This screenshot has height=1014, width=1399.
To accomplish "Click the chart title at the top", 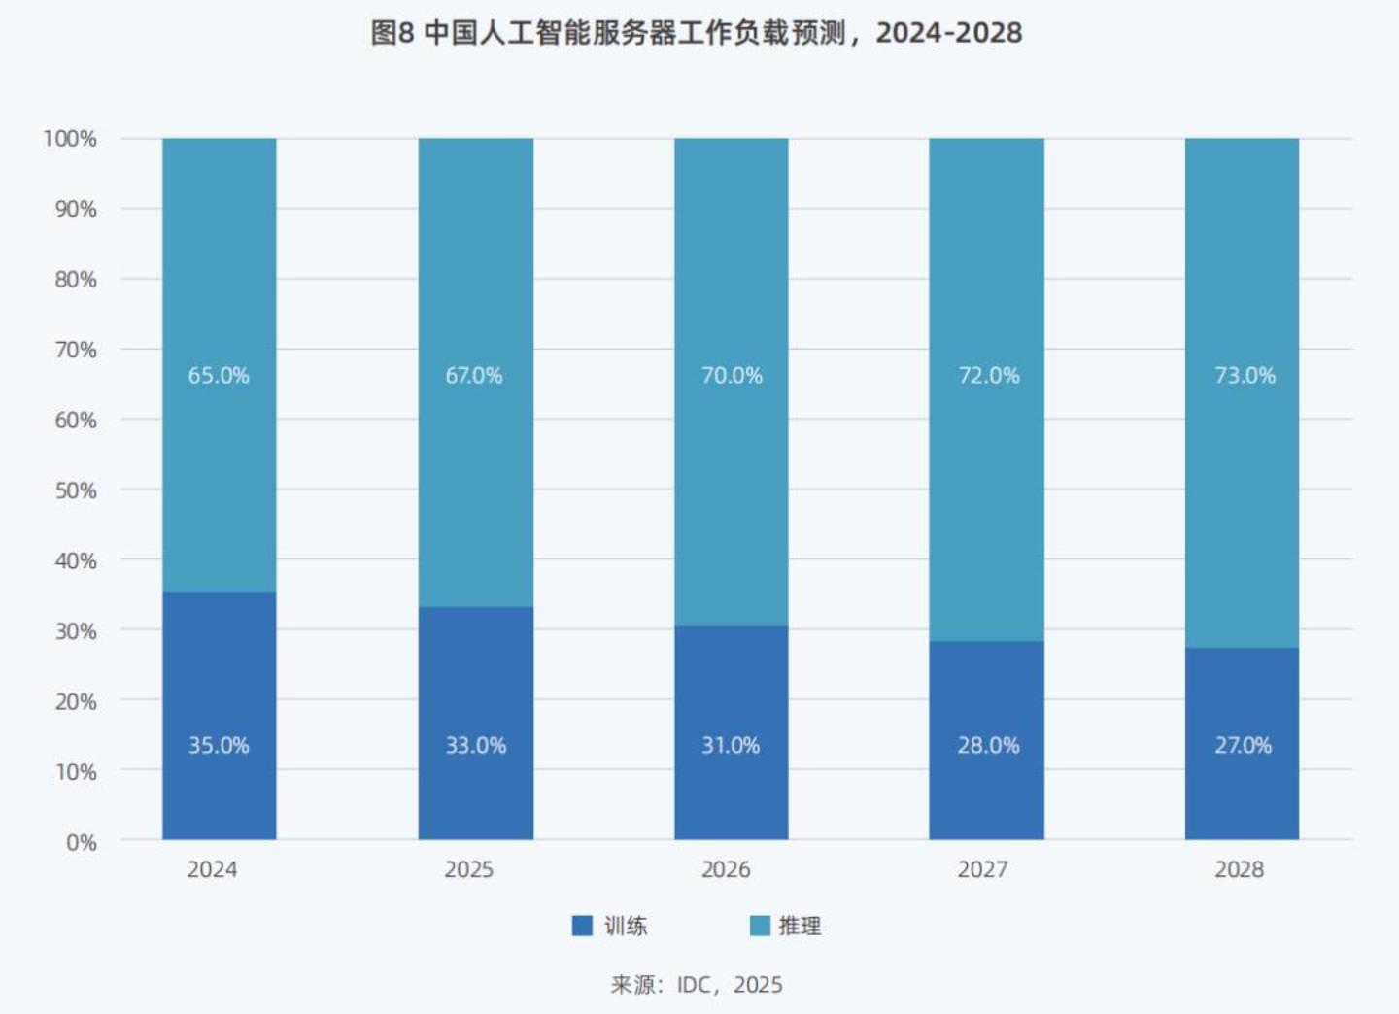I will (697, 33).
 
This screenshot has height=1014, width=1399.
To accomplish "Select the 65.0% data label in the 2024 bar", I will (219, 376).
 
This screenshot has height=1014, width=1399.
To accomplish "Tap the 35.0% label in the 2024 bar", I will (219, 745).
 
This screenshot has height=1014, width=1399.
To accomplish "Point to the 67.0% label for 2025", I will (474, 376).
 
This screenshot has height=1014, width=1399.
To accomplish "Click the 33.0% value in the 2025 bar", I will (475, 745).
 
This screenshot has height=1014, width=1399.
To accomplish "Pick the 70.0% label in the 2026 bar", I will (732, 376).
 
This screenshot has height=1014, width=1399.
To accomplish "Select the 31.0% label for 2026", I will (731, 745).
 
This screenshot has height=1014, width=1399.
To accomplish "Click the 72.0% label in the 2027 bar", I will (988, 376).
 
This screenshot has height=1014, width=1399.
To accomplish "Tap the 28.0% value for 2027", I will (988, 745).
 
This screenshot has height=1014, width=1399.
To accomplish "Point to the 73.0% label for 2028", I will (1245, 376).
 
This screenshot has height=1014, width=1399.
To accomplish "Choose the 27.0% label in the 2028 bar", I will (1243, 745).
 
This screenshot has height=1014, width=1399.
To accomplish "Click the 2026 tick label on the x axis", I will (726, 869).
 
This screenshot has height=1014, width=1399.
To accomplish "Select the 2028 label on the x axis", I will (1239, 869).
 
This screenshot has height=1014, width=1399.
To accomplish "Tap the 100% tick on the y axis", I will (70, 139).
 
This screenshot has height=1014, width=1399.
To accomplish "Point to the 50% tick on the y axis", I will (76, 490).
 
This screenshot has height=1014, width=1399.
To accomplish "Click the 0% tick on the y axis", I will (82, 842).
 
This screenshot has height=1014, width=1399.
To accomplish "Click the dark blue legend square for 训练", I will (582, 926).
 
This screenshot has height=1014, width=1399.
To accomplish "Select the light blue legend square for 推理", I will (760, 926).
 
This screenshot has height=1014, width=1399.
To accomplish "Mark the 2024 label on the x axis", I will (212, 869).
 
